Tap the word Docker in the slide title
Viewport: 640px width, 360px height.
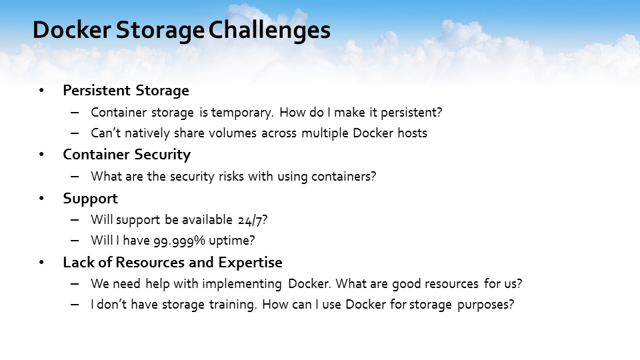coord(72,30)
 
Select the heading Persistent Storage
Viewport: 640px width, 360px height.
coord(126,91)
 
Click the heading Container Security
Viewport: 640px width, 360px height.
coord(127,155)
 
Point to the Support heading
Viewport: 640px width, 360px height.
coord(90,199)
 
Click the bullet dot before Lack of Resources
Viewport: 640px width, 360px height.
coord(41,263)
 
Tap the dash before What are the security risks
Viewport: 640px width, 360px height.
coord(75,176)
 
